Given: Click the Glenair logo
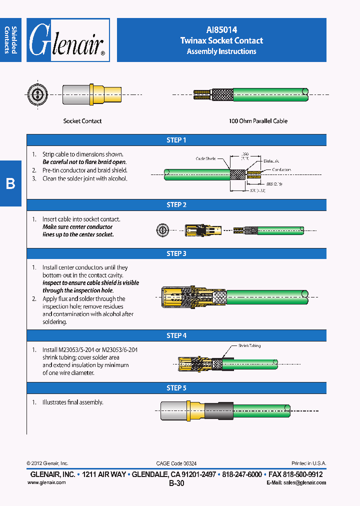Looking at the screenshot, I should pyautogui.click(x=67, y=40).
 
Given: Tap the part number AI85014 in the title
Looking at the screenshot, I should pyautogui.click(x=221, y=30).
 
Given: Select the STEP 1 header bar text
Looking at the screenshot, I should pyautogui.click(x=176, y=140).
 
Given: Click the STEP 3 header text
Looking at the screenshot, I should pyautogui.click(x=176, y=253).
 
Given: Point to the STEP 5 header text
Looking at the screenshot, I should pyautogui.click(x=176, y=388).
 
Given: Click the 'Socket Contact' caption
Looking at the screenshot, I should pyautogui.click(x=82, y=121).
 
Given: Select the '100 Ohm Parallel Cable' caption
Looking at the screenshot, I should pyautogui.click(x=258, y=121).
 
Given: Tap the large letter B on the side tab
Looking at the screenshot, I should pyautogui.click(x=10, y=184).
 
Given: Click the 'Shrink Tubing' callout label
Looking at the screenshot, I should pyautogui.click(x=249, y=345).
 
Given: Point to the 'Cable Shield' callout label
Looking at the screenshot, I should pyautogui.click(x=205, y=158).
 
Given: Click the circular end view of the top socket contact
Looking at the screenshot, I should pyautogui.click(x=36, y=94).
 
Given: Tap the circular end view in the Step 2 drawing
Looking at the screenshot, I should pyautogui.click(x=161, y=230).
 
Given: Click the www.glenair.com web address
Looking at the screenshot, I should pyautogui.click(x=46, y=482).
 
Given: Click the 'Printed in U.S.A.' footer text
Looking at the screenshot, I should pyautogui.click(x=308, y=463).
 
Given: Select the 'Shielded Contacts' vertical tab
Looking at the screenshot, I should pyautogui.click(x=10, y=39).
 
